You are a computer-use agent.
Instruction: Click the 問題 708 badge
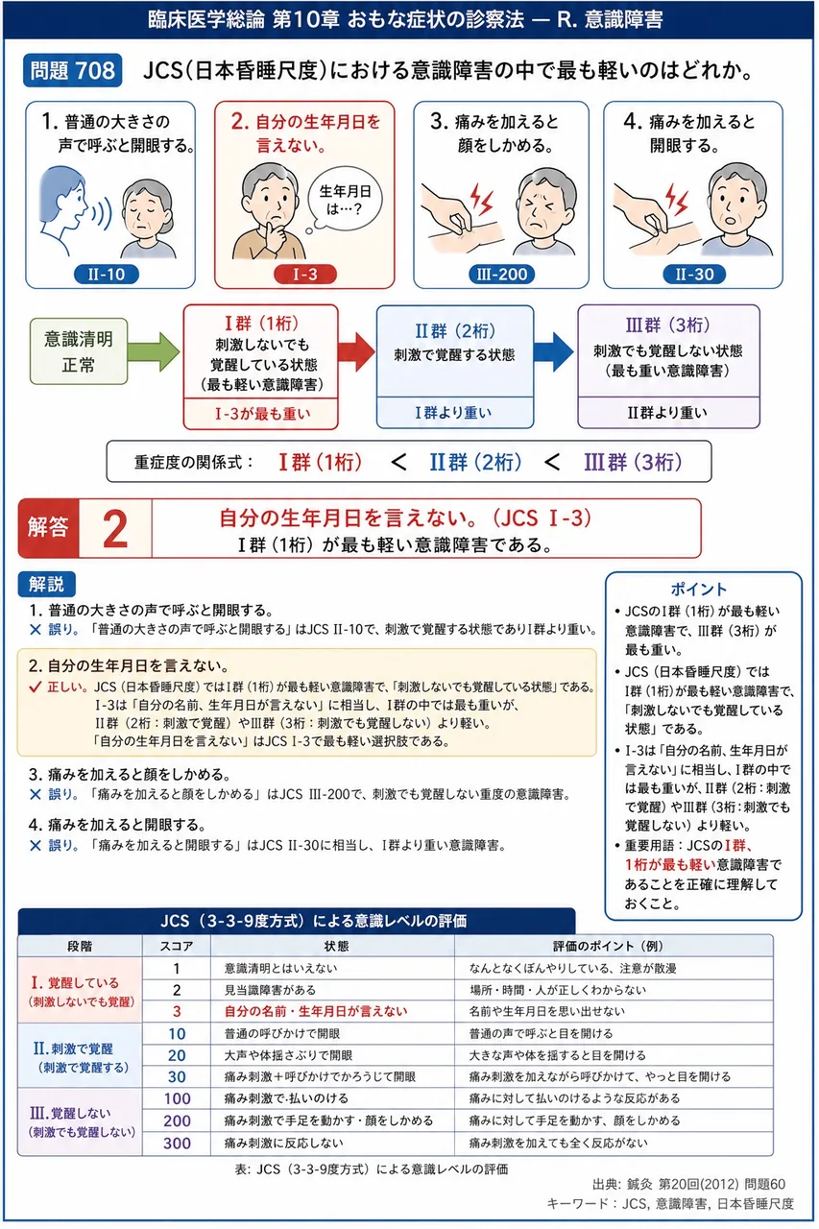click(72, 71)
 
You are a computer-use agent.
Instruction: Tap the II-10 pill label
click(107, 274)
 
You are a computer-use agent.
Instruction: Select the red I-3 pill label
click(304, 274)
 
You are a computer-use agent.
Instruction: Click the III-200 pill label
click(501, 274)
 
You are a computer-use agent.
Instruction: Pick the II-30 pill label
click(694, 274)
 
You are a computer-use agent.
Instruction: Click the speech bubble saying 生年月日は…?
click(344, 200)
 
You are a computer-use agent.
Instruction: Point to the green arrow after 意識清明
click(154, 351)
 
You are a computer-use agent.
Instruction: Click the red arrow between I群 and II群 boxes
click(356, 351)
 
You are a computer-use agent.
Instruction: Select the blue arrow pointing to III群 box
click(553, 351)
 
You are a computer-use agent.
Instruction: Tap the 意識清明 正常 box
click(79, 351)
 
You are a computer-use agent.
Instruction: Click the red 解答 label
click(49, 528)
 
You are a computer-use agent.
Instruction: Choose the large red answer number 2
click(115, 529)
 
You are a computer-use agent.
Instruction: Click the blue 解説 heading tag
click(47, 585)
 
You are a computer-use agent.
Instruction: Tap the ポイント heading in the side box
click(698, 590)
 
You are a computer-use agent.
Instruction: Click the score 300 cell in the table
click(177, 1144)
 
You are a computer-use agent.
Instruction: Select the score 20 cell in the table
click(177, 1055)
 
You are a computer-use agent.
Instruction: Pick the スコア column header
click(177, 946)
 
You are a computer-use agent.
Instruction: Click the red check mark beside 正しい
click(36, 687)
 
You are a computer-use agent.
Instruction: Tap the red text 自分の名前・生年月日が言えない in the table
click(316, 1011)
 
